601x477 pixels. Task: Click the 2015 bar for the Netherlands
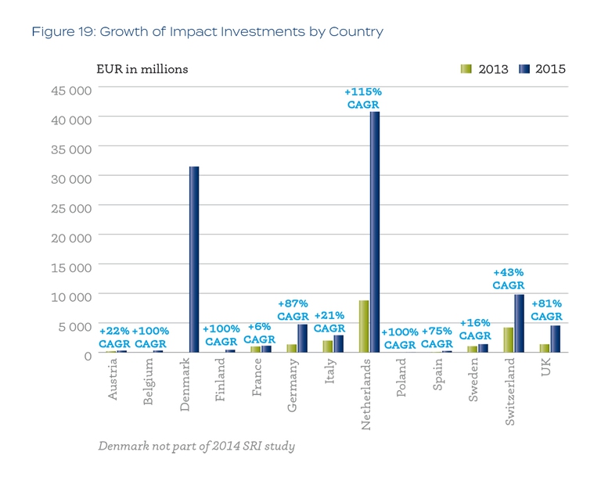pyautogui.click(x=375, y=232)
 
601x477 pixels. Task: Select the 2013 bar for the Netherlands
pyautogui.click(x=364, y=326)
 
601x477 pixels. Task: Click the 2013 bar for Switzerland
pyautogui.click(x=509, y=340)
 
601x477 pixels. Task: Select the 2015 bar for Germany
pyautogui.click(x=302, y=339)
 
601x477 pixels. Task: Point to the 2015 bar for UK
pyautogui.click(x=555, y=339)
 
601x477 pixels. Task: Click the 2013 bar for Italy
pyautogui.click(x=328, y=346)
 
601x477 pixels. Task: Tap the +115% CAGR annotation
pyautogui.click(x=362, y=98)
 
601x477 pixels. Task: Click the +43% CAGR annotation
pyautogui.click(x=508, y=278)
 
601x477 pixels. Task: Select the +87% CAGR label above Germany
pyautogui.click(x=293, y=310)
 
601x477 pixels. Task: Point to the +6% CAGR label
pyautogui.click(x=259, y=333)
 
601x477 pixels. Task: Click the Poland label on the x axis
pyautogui.click(x=401, y=378)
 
